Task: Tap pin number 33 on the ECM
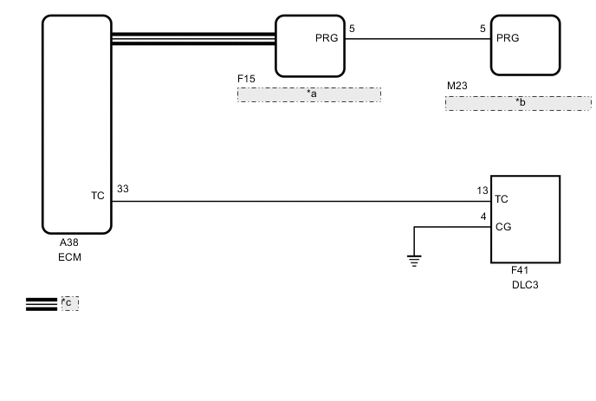click(x=122, y=188)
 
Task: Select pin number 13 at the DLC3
click(x=483, y=191)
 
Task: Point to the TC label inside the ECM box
click(x=97, y=196)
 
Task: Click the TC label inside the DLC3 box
click(x=501, y=199)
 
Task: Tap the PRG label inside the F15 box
click(x=327, y=38)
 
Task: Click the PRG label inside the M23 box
click(x=508, y=38)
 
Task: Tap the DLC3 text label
click(x=525, y=284)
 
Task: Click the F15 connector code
click(x=246, y=79)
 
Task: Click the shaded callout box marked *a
click(x=309, y=94)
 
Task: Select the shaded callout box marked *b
click(x=518, y=103)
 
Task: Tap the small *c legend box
click(x=69, y=303)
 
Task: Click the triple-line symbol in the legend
click(x=42, y=303)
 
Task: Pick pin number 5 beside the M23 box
click(x=483, y=29)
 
